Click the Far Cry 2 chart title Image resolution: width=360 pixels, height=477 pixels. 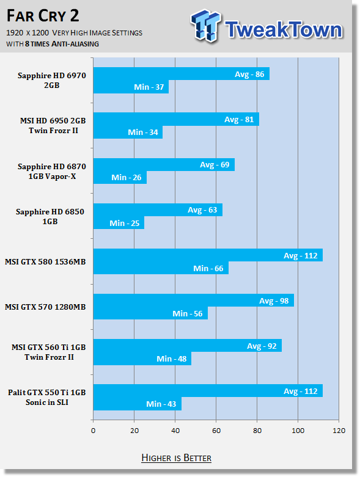43,16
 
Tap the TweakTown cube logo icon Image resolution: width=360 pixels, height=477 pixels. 206,26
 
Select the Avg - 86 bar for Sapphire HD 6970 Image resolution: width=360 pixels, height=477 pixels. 182,74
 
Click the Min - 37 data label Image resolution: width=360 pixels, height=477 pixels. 149,87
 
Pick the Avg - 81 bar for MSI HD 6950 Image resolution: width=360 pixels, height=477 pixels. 176,119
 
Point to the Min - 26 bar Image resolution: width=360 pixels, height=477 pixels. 120,177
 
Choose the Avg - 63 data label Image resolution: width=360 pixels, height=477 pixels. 202,210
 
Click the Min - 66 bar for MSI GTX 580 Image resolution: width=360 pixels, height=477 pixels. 161,268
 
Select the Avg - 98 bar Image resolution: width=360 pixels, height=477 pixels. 194,300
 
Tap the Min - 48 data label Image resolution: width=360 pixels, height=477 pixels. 171,359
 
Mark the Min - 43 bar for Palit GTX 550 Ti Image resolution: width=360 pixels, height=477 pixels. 138,404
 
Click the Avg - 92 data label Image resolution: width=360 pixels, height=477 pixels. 262,346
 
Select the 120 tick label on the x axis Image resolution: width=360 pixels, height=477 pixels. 339,431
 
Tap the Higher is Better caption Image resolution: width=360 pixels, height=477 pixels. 177,458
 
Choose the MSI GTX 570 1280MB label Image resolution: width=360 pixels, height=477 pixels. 45,307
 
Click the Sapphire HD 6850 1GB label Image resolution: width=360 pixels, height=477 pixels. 50,216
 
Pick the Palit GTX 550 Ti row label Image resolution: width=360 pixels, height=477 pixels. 47,398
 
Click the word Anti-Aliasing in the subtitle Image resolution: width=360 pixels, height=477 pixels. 75,44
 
